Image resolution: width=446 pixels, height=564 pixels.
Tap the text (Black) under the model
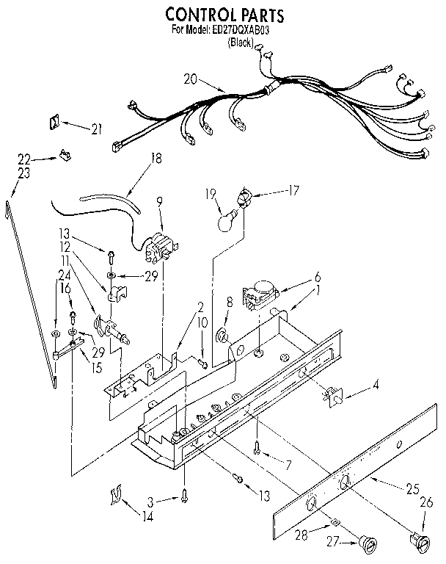coord(241,43)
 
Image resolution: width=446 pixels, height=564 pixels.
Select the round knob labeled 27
coord(368,544)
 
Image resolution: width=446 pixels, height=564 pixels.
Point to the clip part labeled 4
coord(333,396)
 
